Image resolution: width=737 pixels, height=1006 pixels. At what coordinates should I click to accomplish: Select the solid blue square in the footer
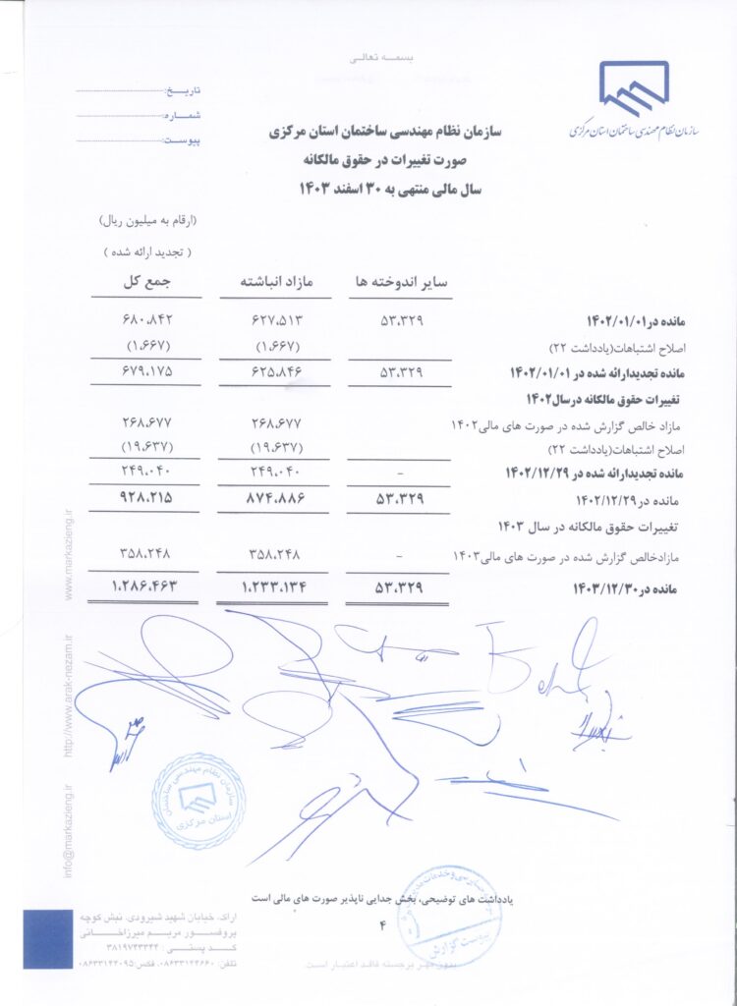pos(48,939)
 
